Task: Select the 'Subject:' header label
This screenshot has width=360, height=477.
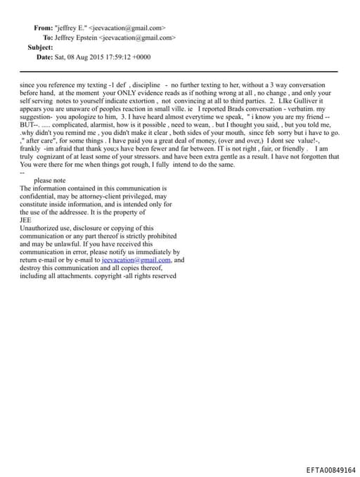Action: coord(40,46)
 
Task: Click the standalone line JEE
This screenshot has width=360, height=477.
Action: coord(27,220)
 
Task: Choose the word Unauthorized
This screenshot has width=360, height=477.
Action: coord(40,228)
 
